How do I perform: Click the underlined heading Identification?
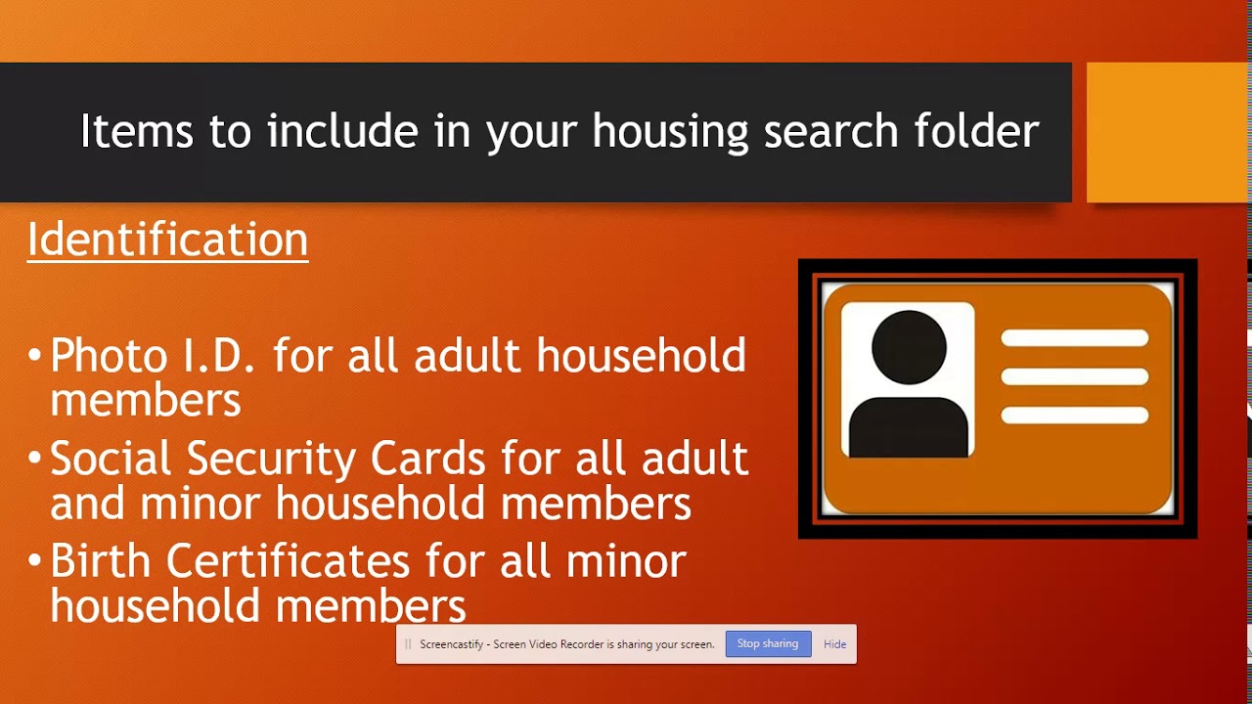coord(167,241)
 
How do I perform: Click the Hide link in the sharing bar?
coord(834,644)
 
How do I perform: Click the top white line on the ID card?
coord(1074,338)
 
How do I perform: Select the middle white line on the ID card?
coord(1074,377)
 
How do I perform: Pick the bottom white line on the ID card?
coord(1074,416)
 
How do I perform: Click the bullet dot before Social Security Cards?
coord(35,457)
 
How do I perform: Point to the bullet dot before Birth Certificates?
coord(35,559)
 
